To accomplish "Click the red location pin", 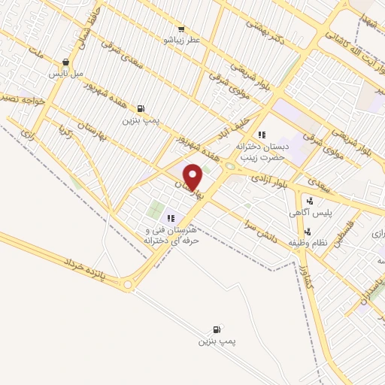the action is click(193, 177).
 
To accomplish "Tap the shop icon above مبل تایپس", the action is click(66, 62).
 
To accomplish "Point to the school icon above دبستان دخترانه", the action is click(262, 134).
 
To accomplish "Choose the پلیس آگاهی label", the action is click(307, 213).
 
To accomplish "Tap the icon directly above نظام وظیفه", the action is click(308, 231).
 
